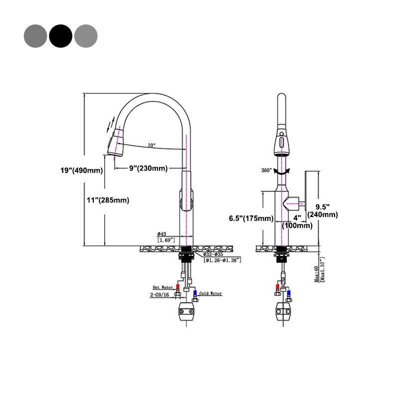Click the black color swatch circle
click(x=61, y=35)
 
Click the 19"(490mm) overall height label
click(x=81, y=171)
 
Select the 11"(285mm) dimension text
click(x=107, y=200)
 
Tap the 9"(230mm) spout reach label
click(x=148, y=168)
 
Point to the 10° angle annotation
click(x=151, y=146)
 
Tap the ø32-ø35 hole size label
click(x=215, y=254)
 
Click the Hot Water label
click(x=163, y=287)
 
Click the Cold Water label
click(x=210, y=294)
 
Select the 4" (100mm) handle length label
click(x=297, y=221)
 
